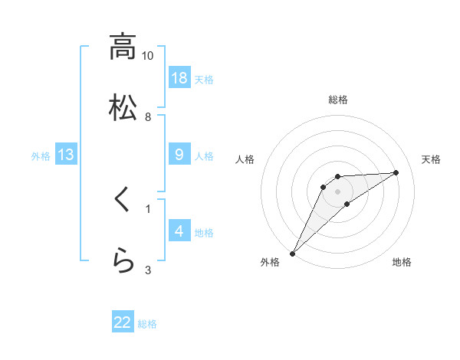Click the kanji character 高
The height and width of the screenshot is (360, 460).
pyautogui.click(x=122, y=47)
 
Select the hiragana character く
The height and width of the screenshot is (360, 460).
pyautogui.click(x=122, y=201)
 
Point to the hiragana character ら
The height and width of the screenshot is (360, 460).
pyautogui.click(x=122, y=261)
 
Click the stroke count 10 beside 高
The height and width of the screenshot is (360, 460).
pyautogui.click(x=148, y=56)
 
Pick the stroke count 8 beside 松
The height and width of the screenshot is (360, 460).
pyautogui.click(x=148, y=116)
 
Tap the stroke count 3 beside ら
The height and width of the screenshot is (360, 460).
pyautogui.click(x=148, y=270)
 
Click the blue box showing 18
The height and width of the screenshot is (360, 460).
pyautogui.click(x=179, y=77)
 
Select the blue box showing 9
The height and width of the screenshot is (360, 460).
pyautogui.click(x=179, y=155)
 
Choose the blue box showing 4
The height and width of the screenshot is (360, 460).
pyautogui.click(x=179, y=231)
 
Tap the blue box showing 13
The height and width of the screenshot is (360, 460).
pyautogui.click(x=66, y=155)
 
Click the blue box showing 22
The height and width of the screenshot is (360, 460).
pyautogui.click(x=123, y=322)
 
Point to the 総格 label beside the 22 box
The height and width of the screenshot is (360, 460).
pyautogui.click(x=147, y=324)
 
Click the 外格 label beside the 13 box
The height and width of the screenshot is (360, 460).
pyautogui.click(x=41, y=156)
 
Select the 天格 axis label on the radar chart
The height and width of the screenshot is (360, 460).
pyautogui.click(x=431, y=159)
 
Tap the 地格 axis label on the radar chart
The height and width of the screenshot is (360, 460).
pyautogui.click(x=402, y=262)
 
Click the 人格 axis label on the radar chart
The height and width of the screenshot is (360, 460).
pyautogui.click(x=246, y=159)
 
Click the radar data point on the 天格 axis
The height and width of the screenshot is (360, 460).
pyautogui.click(x=396, y=172)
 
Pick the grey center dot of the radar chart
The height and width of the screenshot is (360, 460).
pyautogui.click(x=337, y=191)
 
